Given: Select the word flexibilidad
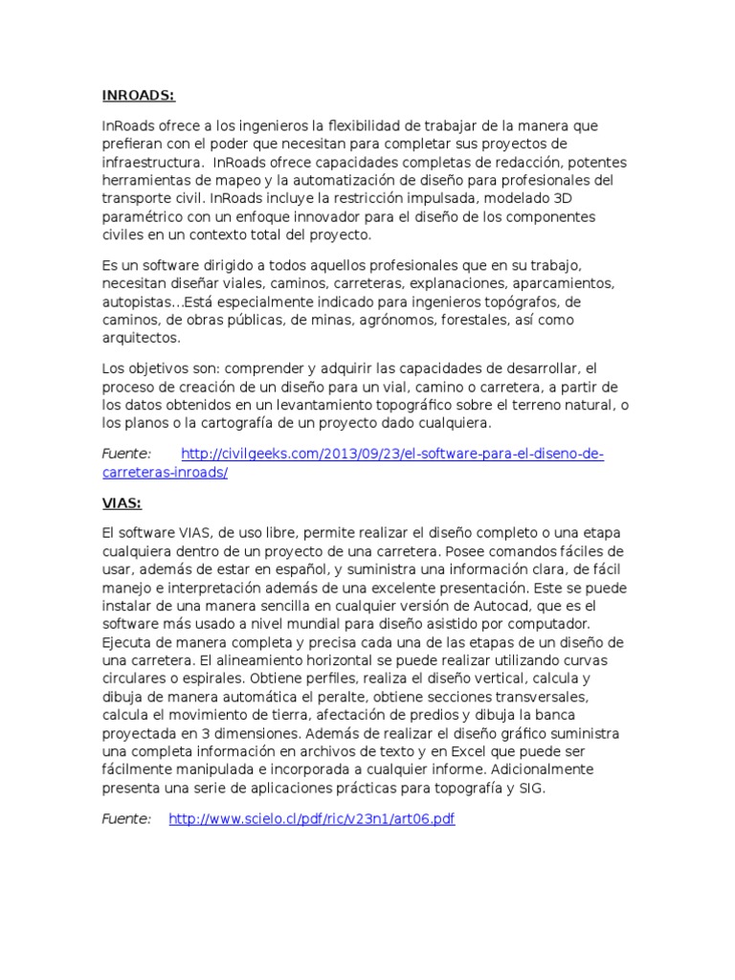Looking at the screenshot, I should (367, 125).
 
